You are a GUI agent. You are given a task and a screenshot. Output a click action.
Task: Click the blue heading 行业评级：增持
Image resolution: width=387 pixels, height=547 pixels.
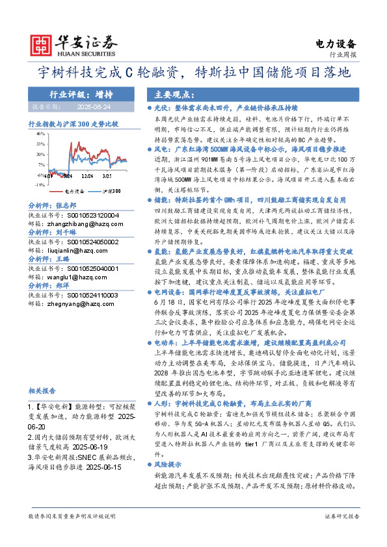(x=72, y=94)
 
